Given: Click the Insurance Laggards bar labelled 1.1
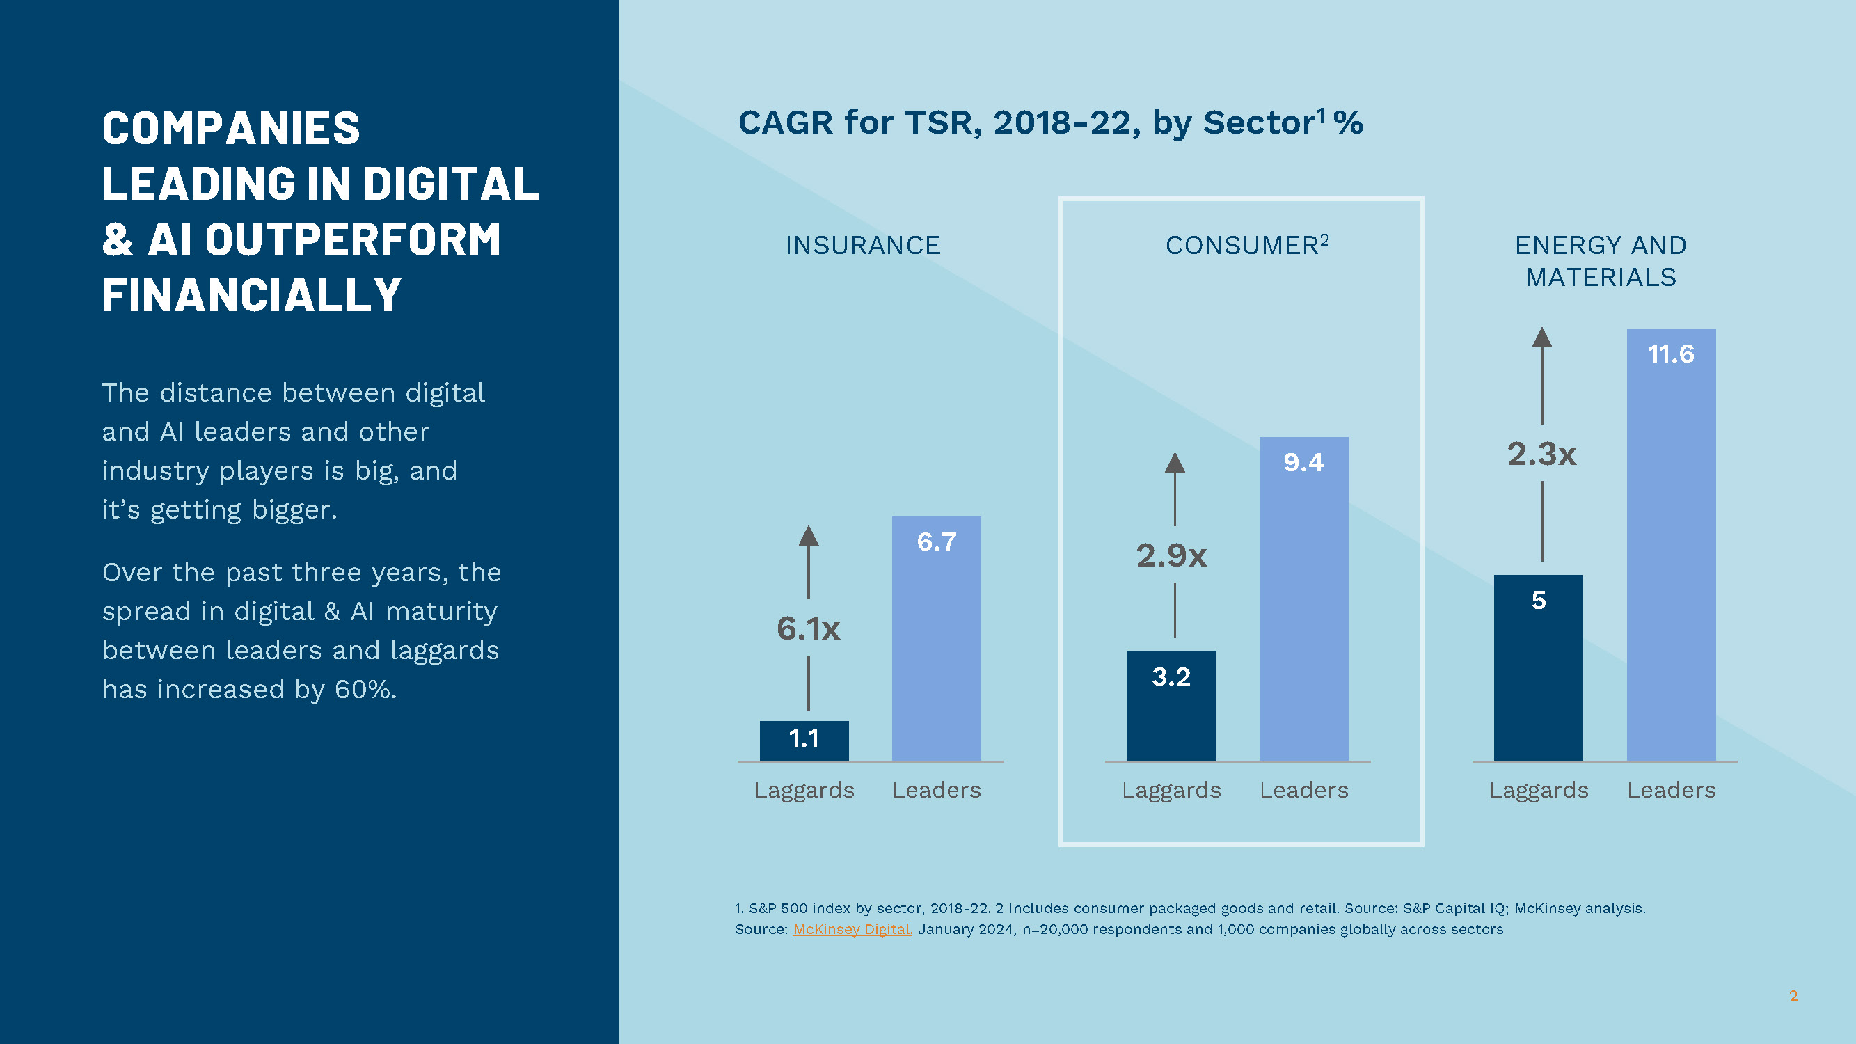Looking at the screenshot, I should point(804,740).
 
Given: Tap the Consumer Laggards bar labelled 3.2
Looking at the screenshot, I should point(1171,705).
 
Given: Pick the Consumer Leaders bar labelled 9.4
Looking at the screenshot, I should point(1303,598).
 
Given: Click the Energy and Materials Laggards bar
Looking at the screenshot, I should point(1538,667).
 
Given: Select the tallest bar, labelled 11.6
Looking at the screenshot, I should point(1671,544).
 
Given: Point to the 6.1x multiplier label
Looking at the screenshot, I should point(809,628).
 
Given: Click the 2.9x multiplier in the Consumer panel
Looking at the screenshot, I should point(1171,555).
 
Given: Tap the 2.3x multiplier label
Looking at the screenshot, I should point(1542,454).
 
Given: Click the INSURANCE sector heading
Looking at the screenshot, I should point(863,246).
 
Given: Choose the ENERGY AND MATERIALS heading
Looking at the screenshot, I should point(1601,261).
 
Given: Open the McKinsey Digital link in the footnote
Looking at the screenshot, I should point(852,929).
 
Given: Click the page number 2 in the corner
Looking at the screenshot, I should point(1793,996).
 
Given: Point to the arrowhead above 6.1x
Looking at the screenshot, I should point(809,535).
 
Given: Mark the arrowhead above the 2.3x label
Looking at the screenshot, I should point(1542,337).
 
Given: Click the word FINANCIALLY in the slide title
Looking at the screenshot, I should point(251,295).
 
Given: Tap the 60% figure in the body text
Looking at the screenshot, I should point(365,690).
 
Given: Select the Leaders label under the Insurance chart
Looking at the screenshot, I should point(936,791).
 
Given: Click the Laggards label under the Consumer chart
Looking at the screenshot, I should point(1171,791).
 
